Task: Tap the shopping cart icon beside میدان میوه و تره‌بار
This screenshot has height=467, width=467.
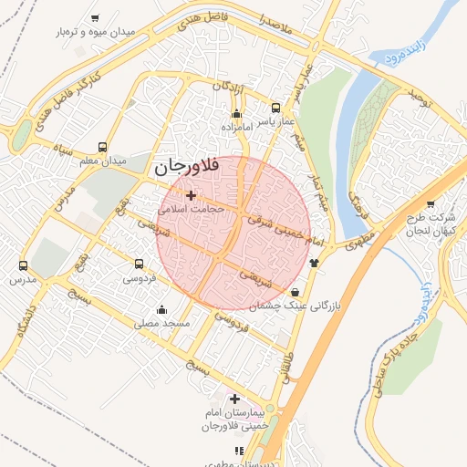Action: tap(96, 18)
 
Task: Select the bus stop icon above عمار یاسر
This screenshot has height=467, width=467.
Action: tap(275, 108)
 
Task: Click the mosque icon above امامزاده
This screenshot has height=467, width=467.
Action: tap(237, 114)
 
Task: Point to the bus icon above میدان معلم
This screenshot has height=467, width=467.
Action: tap(102, 147)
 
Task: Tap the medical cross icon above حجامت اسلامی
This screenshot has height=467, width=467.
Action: tap(190, 195)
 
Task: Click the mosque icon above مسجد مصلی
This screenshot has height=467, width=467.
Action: tap(162, 309)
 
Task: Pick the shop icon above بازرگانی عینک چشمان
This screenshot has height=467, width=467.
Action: tap(294, 293)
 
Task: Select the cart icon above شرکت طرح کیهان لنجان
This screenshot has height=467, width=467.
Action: tap(431, 204)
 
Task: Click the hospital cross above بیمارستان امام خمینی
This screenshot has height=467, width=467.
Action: tap(235, 399)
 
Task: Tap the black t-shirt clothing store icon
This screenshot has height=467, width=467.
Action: tap(315, 263)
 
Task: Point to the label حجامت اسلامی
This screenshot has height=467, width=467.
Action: tap(190, 209)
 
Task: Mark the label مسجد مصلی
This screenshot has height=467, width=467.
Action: tap(161, 323)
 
